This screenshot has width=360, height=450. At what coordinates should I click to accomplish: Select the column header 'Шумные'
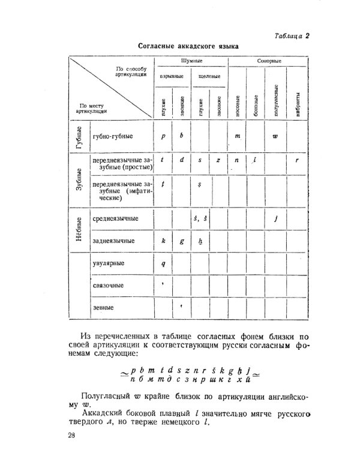point(191,62)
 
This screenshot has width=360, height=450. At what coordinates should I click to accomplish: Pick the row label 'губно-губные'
point(113,137)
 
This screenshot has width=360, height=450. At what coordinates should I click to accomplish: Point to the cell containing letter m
point(238,136)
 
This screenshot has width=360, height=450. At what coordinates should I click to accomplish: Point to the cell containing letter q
point(163,263)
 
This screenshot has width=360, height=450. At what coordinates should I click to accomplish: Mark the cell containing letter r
point(297,161)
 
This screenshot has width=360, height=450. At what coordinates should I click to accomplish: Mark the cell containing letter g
point(181,241)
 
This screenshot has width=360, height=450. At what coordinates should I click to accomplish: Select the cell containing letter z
point(218,161)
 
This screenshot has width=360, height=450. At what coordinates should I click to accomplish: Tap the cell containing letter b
point(181,136)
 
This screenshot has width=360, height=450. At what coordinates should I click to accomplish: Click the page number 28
point(72,434)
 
